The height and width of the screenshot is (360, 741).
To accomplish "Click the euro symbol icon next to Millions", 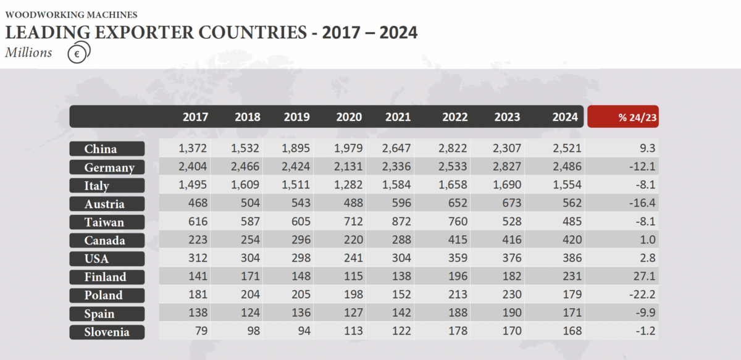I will pos(78,54).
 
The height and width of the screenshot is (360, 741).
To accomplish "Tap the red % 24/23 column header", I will pos(622,117).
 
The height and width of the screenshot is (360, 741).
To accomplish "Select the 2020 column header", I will pos(349,117).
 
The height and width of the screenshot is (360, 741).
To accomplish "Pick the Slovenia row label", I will pos(107,332).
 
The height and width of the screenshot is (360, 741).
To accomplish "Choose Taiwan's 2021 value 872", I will pos(401,222).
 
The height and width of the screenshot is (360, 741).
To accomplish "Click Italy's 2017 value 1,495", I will pos(193,185).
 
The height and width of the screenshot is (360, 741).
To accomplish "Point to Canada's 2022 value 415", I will pos(454,240).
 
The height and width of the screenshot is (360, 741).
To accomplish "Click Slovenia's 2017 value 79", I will pos(201,332).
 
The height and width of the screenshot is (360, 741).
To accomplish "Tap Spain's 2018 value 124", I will pos(249,314).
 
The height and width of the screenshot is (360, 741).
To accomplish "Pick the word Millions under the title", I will pos(28,53).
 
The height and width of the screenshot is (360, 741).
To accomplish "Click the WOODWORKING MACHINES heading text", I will pos(71,14).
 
